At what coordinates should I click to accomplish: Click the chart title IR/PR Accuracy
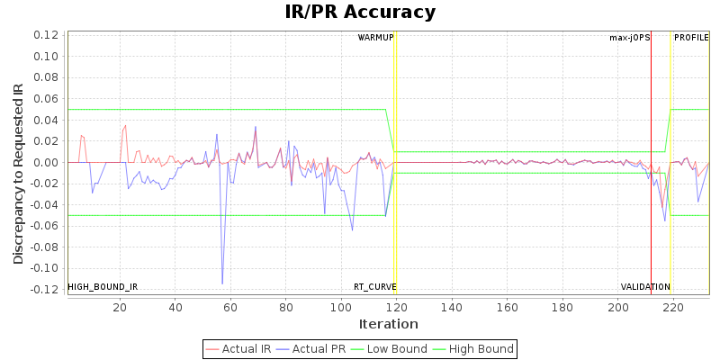360,13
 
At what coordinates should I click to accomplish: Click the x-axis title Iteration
388,324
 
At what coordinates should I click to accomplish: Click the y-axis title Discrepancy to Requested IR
18,174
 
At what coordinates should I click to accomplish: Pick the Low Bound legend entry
385,349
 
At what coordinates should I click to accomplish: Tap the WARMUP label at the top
375,38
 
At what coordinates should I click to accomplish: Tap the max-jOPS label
629,38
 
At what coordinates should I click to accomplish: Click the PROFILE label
691,38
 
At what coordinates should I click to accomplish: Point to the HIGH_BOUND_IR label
103,287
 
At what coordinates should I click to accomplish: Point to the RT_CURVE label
374,287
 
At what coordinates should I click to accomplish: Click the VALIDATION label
645,287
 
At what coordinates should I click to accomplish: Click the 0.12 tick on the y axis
46,35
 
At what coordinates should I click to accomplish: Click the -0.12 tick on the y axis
44,289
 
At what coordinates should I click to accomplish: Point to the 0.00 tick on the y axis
46,162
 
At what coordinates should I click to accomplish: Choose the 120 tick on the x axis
396,306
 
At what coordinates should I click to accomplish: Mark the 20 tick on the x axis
120,306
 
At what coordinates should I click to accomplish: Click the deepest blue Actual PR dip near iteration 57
222,283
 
